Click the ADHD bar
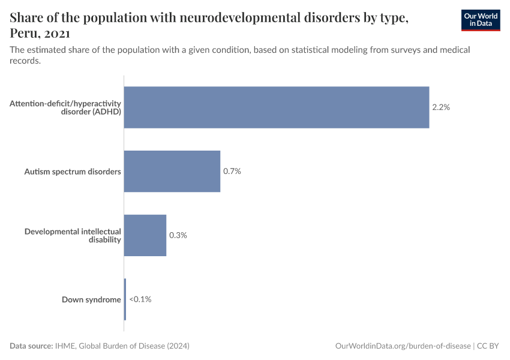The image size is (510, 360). pos(276,107)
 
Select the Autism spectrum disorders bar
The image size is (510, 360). pos(172,171)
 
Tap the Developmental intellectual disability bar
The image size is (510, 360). pos(145,235)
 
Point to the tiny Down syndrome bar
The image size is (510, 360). pos(125,299)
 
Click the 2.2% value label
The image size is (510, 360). pos(441,107)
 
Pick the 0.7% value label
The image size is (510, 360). pos(232,171)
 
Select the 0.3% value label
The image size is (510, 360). pos(178,235)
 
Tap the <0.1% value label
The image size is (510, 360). pos(140,299)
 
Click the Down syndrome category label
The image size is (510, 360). pos(91,299)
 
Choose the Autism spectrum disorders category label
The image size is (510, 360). pos(73,172)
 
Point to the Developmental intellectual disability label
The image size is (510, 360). pos(73,235)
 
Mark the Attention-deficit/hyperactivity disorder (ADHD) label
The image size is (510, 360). pos(65,107)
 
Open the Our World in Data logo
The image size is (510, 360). pos(481,20)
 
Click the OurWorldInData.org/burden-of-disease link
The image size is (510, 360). pos(403,346)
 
